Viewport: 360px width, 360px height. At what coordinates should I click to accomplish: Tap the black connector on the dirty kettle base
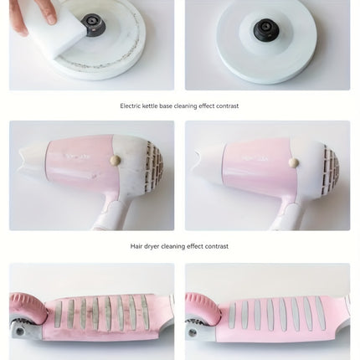click(x=95, y=25)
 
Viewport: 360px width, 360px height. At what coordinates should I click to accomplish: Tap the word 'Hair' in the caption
click(x=136, y=246)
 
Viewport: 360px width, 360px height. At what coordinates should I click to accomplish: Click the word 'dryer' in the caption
click(x=152, y=247)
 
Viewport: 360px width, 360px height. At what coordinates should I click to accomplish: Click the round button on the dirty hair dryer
click(x=116, y=160)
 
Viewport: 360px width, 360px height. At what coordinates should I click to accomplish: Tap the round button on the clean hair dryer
click(x=293, y=163)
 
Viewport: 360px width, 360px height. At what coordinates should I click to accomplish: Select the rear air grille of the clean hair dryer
click(x=331, y=170)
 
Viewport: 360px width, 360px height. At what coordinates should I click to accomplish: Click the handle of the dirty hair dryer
click(x=111, y=212)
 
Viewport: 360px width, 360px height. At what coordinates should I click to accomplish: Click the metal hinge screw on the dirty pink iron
click(x=19, y=332)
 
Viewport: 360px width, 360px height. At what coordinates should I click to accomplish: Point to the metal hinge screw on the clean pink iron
click(x=192, y=332)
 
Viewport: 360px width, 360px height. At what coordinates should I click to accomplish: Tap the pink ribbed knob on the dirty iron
click(x=27, y=308)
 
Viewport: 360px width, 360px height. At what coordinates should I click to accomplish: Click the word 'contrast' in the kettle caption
click(x=227, y=106)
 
